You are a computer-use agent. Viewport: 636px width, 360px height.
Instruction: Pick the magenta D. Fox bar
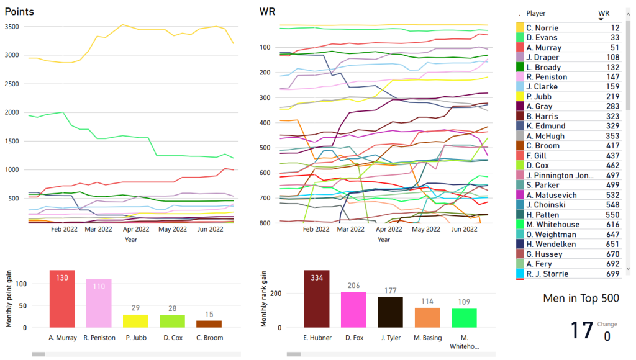click(x=353, y=310)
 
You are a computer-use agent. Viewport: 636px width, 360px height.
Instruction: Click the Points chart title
click(x=19, y=12)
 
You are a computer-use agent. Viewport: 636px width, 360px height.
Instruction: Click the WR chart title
click(x=268, y=12)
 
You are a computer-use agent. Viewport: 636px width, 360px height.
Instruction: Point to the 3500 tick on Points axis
click(x=12, y=27)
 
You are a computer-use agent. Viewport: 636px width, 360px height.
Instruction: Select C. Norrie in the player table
click(x=542, y=28)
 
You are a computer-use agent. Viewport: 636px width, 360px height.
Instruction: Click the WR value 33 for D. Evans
click(x=615, y=38)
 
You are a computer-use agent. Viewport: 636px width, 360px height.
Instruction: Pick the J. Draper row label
click(x=543, y=57)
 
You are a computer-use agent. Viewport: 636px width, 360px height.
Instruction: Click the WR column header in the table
click(x=604, y=13)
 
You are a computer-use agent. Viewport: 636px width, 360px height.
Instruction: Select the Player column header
click(x=536, y=13)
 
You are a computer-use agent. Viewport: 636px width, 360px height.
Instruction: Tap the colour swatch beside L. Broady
click(x=520, y=67)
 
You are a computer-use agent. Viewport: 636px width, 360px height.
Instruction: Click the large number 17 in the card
click(x=582, y=330)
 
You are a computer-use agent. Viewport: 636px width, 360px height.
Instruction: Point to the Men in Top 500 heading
click(x=581, y=299)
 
